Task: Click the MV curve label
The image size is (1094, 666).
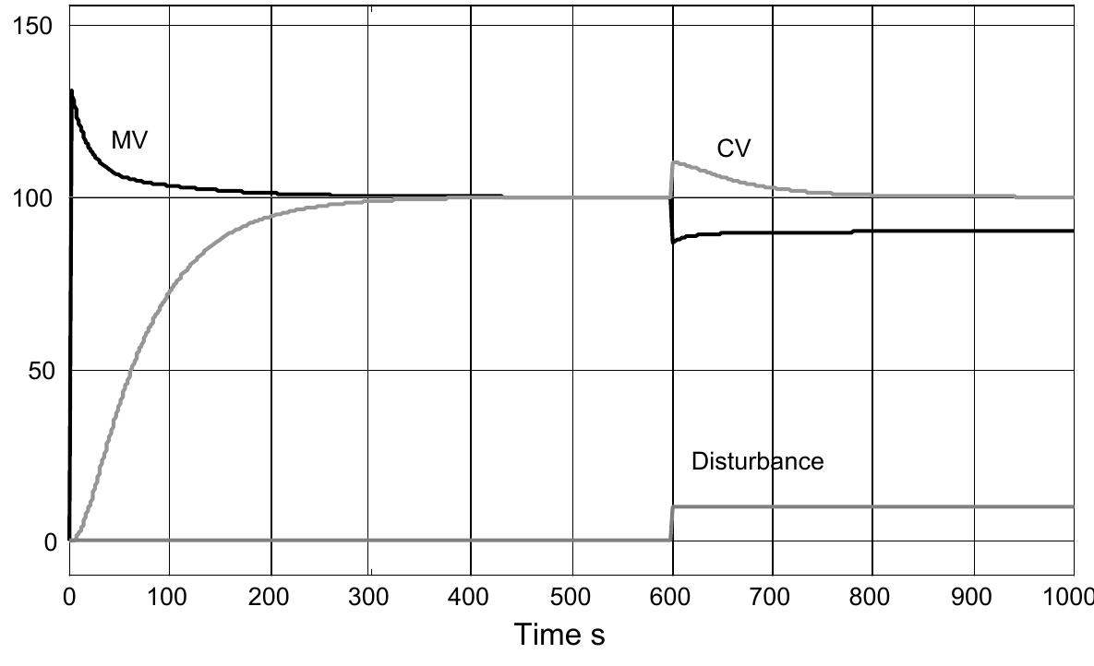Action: click(x=129, y=141)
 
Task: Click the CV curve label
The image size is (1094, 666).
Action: click(x=734, y=149)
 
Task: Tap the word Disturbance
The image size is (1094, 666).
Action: click(x=757, y=460)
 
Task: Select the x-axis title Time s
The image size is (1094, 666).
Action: click(x=560, y=635)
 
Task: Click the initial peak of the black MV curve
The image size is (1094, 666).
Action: click(x=71, y=90)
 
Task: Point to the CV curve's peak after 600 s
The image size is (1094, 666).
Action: click(x=675, y=162)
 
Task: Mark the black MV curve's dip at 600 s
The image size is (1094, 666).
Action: click(x=674, y=243)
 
